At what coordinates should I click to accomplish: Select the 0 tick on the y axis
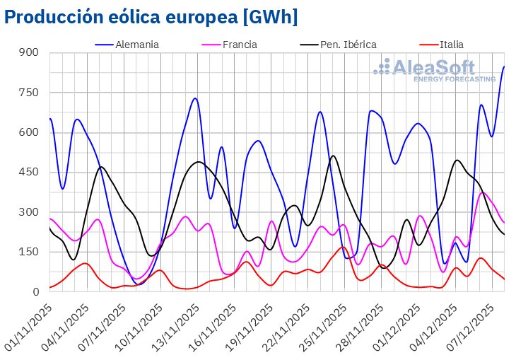(36, 291)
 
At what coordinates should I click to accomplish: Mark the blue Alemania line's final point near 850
(504, 66)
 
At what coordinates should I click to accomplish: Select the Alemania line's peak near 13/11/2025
(195, 98)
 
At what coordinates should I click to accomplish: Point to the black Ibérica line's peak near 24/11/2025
(333, 156)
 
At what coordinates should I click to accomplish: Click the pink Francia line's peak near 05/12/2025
(483, 192)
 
